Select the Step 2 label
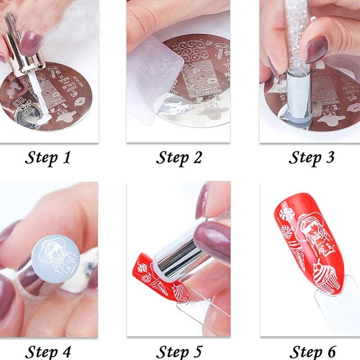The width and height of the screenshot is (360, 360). [x=179, y=158]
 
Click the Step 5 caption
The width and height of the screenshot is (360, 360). [x=179, y=351]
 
